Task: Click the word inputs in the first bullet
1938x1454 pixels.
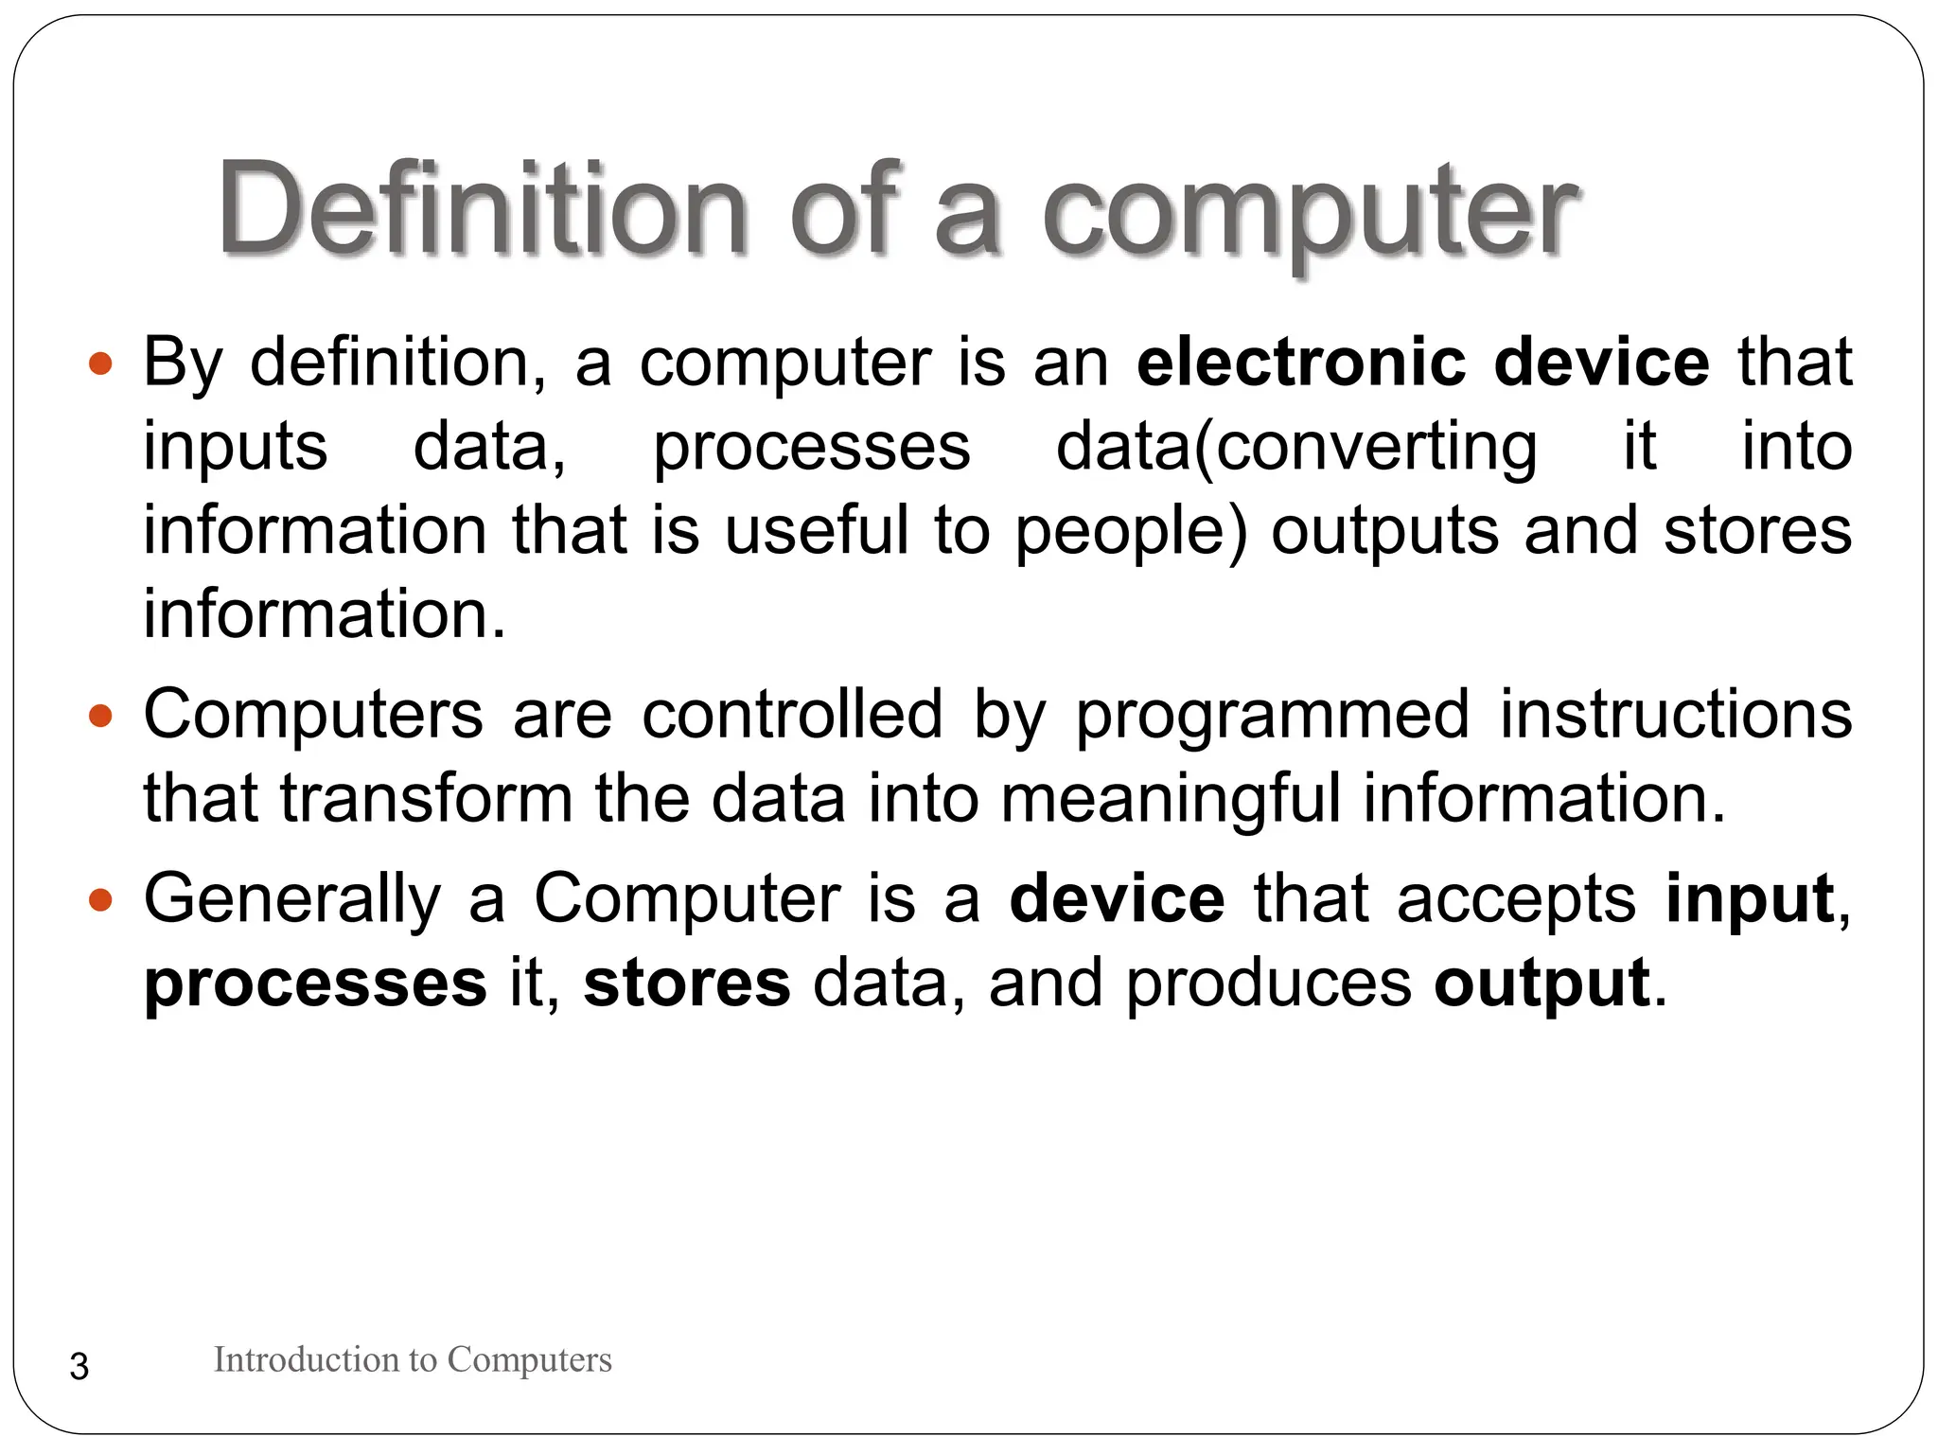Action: [236, 447]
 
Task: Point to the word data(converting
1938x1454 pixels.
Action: [1296, 447]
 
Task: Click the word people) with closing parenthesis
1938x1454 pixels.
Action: [1132, 532]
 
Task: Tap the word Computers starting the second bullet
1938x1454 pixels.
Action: [313, 715]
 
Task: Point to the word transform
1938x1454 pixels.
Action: [426, 798]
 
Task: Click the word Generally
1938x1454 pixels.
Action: [292, 899]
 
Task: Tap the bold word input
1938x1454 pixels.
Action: [1750, 899]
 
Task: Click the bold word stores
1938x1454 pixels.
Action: [687, 983]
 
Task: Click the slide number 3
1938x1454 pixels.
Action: [79, 1367]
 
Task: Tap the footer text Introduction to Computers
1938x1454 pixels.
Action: [413, 1360]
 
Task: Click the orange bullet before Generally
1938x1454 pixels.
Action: [100, 899]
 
